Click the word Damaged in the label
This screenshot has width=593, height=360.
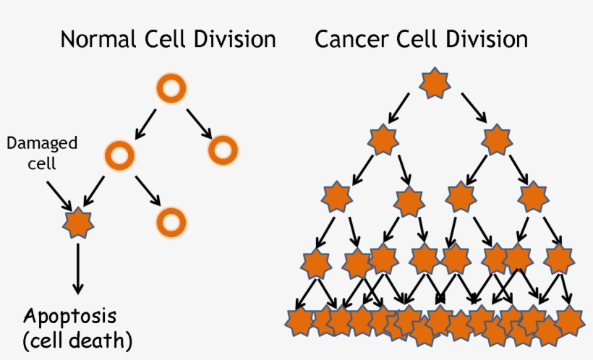(x=42, y=142)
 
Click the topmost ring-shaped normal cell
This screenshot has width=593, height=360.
(x=171, y=90)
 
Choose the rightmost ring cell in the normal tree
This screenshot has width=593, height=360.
(x=223, y=150)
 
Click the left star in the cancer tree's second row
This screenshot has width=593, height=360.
(x=383, y=140)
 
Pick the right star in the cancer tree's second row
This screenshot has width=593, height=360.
(x=497, y=140)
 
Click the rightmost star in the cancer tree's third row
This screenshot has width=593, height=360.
(x=532, y=197)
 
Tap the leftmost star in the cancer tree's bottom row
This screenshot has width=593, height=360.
(x=298, y=321)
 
